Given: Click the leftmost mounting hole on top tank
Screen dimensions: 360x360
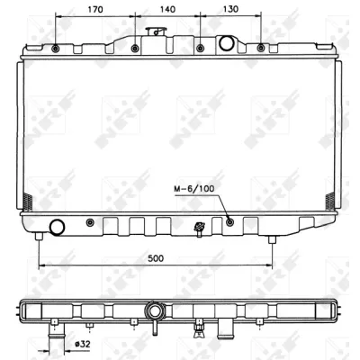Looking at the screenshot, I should point(57,47).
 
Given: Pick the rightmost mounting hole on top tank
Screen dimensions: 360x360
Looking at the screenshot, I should point(261,47).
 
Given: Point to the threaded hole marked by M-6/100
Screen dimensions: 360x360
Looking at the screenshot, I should point(229,221).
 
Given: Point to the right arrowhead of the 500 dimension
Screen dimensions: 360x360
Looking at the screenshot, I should point(270,265).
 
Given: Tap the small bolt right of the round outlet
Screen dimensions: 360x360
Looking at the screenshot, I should point(88,221).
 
